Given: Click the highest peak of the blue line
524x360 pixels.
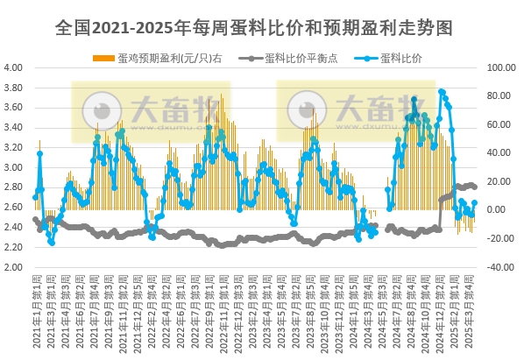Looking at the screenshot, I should [x=442, y=91].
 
